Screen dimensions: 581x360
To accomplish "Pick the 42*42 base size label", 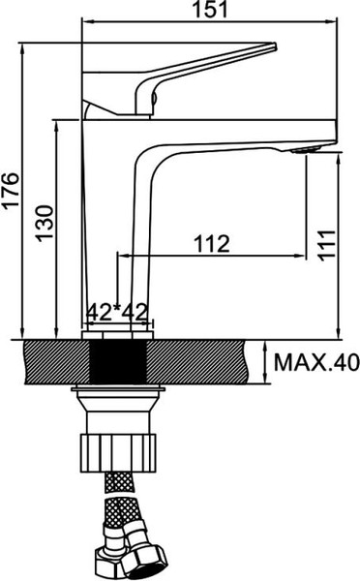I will click(x=116, y=312).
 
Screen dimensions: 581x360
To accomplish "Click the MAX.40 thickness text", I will click(x=315, y=363).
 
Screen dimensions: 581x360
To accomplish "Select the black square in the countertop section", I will click(x=116, y=362).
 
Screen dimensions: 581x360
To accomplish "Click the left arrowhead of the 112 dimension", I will click(x=122, y=256).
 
